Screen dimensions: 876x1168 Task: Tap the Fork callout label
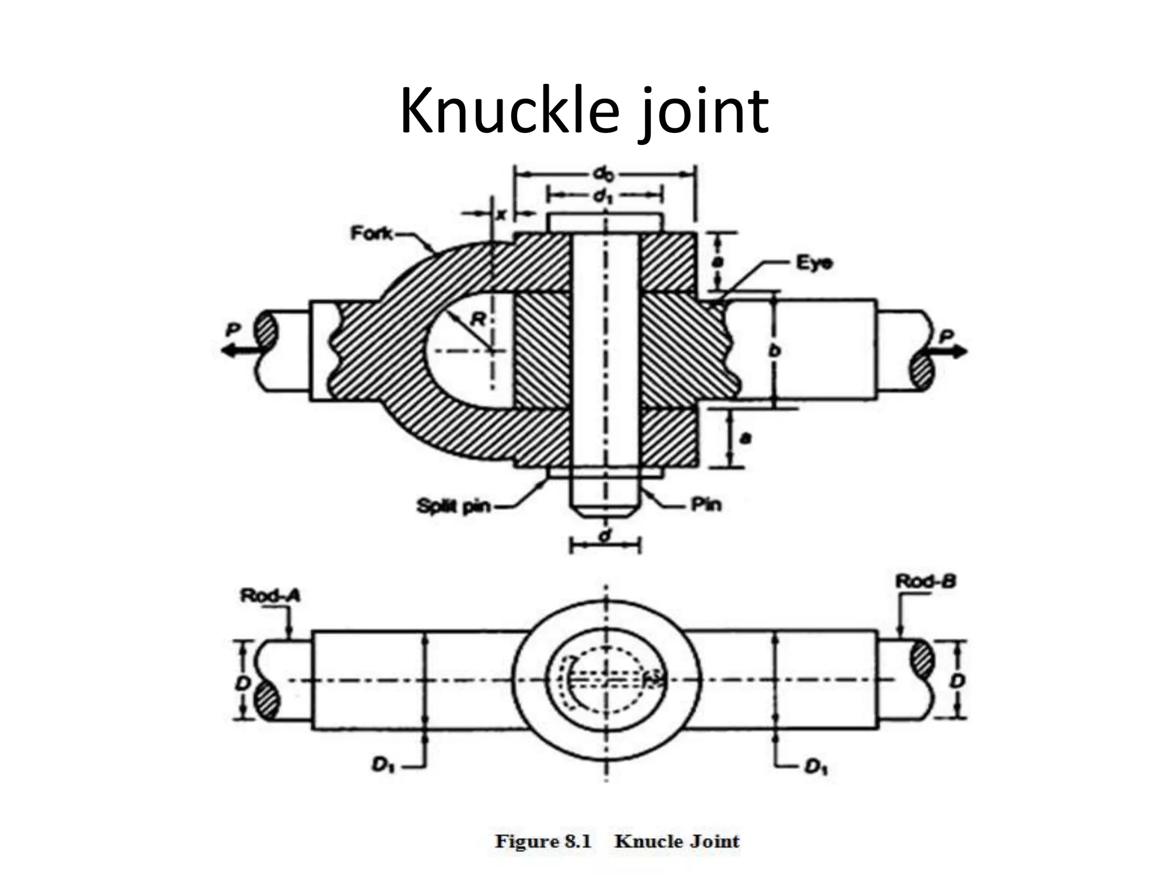coord(371,233)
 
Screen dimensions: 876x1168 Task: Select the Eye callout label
coord(814,263)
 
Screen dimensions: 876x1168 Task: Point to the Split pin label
coord(453,505)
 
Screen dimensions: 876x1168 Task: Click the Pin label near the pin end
coord(706,504)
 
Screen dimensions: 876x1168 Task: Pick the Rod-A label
coord(270,595)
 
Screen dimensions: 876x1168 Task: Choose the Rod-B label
coord(926,582)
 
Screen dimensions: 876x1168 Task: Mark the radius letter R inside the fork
coord(478,320)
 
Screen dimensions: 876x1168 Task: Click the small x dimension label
coord(501,214)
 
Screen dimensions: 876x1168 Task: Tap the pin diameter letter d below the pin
coord(605,535)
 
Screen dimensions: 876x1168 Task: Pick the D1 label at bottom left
coord(381,765)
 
